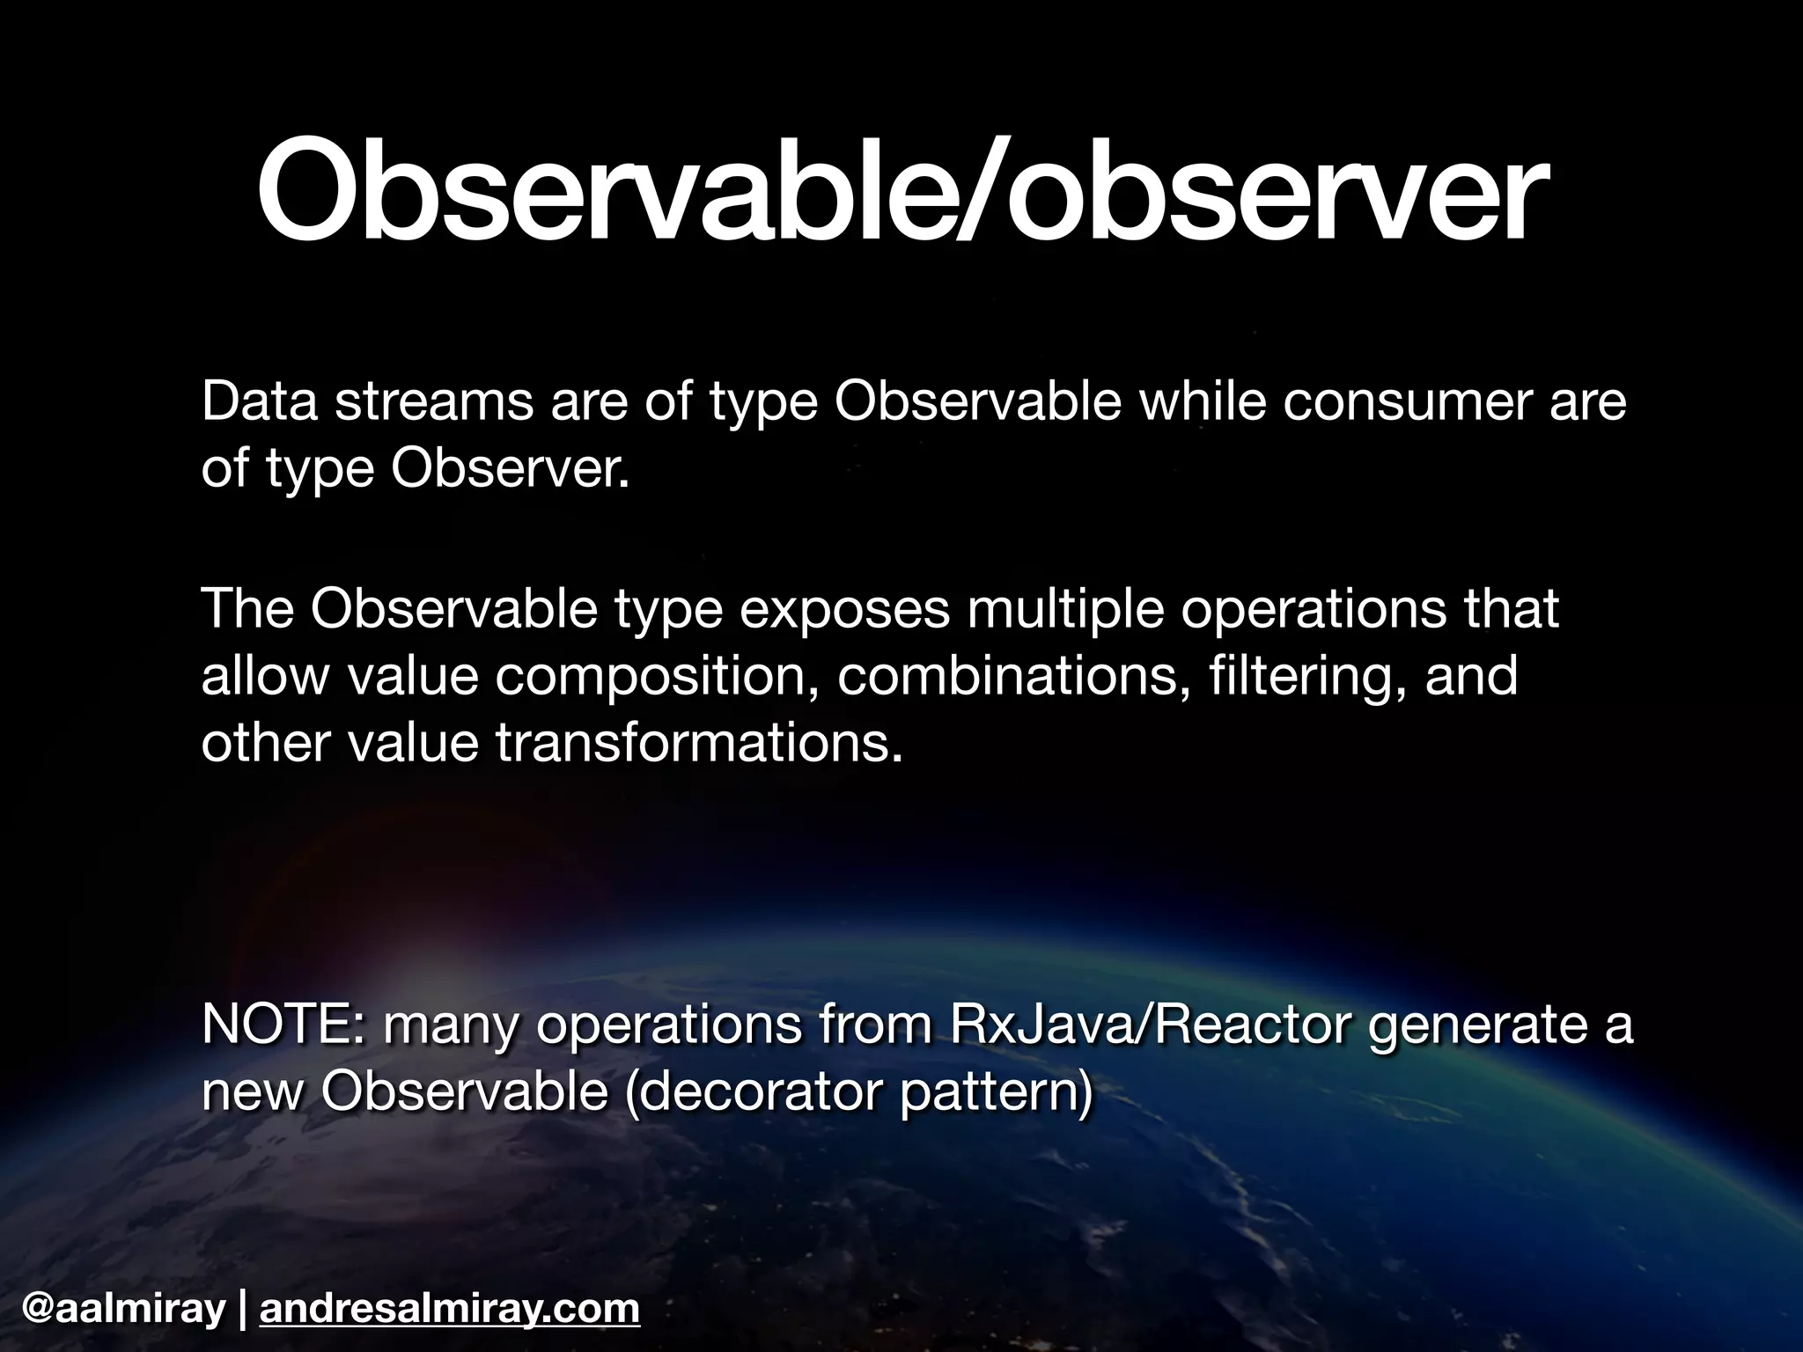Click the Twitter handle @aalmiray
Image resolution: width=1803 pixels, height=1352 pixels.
click(123, 1309)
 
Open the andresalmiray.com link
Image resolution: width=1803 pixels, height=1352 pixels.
click(450, 1309)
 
